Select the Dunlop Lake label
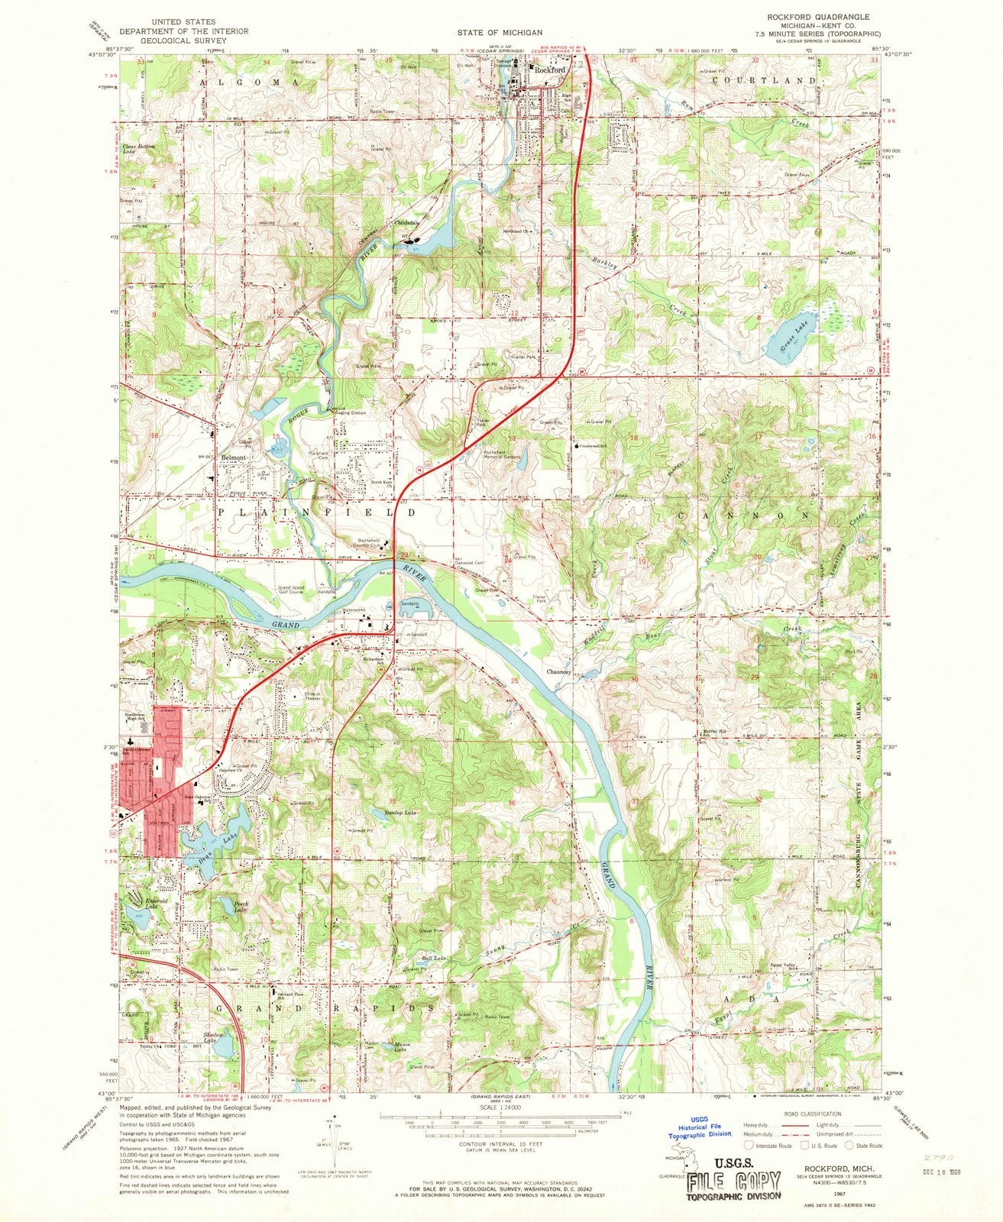[x=402, y=813]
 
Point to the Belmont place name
[x=233, y=457]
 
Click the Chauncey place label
[x=561, y=672]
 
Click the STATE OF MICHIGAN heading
[x=500, y=33]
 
